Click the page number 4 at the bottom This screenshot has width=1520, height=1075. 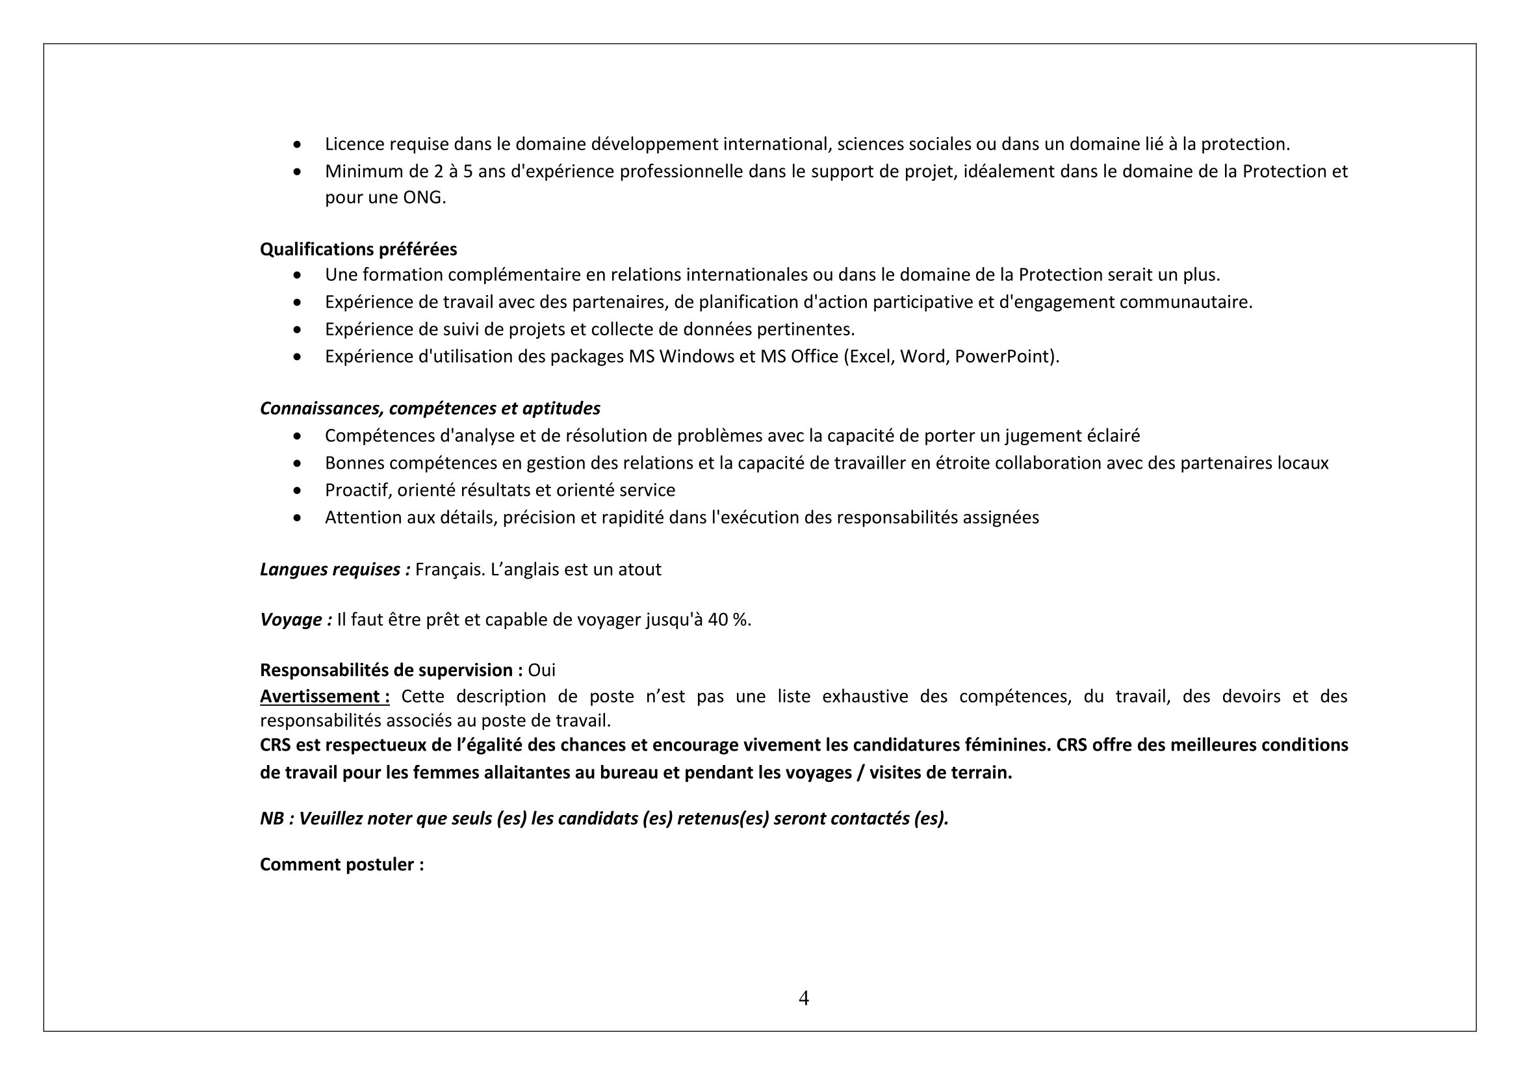tap(804, 998)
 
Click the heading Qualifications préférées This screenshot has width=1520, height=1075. tap(358, 249)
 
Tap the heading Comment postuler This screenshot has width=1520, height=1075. tap(342, 864)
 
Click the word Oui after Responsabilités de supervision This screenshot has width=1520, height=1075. tap(541, 670)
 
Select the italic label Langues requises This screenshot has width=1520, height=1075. tap(335, 569)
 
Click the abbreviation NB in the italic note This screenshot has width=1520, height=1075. tap(272, 818)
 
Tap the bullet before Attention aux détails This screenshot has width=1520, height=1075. tap(298, 517)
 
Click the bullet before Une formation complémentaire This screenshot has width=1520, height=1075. tap(298, 275)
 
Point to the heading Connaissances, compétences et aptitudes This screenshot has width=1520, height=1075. tap(430, 408)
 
